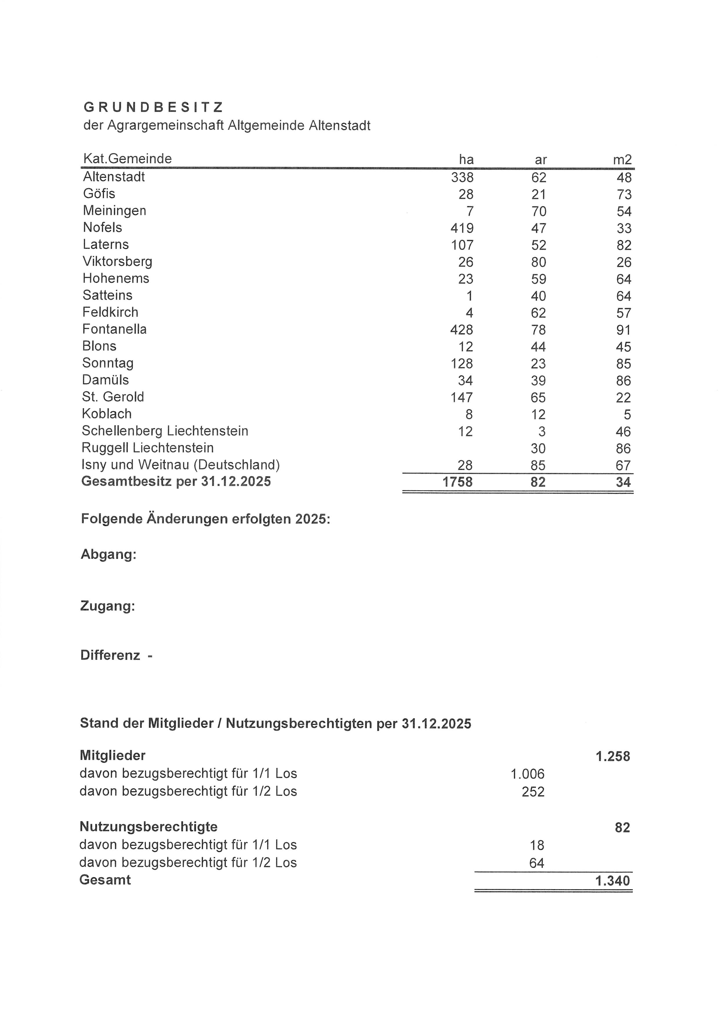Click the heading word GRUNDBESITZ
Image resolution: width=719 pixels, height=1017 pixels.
coord(153,107)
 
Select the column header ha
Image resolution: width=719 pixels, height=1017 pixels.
coord(466,159)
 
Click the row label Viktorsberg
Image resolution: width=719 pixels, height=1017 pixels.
coord(117,261)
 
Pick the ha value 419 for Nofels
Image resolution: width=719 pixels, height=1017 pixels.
coord(462,228)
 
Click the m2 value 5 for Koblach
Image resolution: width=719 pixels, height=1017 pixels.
coord(627,415)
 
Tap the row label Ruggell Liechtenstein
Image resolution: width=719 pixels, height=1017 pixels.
coord(148,448)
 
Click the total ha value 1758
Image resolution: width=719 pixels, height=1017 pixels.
coord(457,482)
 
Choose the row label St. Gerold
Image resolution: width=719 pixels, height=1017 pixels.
coord(113,397)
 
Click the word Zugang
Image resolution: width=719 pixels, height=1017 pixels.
coord(108,606)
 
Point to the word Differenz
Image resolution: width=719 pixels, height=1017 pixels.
coord(110,655)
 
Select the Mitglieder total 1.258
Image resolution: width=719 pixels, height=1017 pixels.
coord(613,756)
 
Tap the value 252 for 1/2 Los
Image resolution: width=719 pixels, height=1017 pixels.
coord(533,791)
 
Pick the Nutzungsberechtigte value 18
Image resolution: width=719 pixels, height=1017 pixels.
coord(537,845)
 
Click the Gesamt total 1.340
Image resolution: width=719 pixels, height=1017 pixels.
coord(612,880)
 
